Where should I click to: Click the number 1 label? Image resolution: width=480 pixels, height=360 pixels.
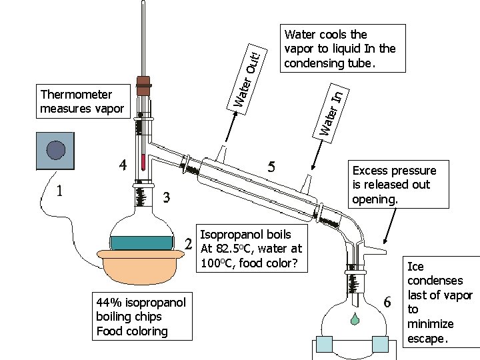[60, 191]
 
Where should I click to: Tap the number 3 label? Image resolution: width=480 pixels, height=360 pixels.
[167, 197]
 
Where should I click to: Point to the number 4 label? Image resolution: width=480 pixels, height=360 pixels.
[122, 164]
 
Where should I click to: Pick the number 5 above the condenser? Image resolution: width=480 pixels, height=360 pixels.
[271, 166]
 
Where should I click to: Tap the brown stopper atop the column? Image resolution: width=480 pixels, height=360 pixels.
[143, 83]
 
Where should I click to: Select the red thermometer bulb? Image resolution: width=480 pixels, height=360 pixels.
[143, 161]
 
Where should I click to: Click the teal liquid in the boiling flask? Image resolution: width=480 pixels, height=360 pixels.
[141, 243]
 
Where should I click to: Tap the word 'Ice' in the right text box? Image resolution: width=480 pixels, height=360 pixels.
[415, 267]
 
